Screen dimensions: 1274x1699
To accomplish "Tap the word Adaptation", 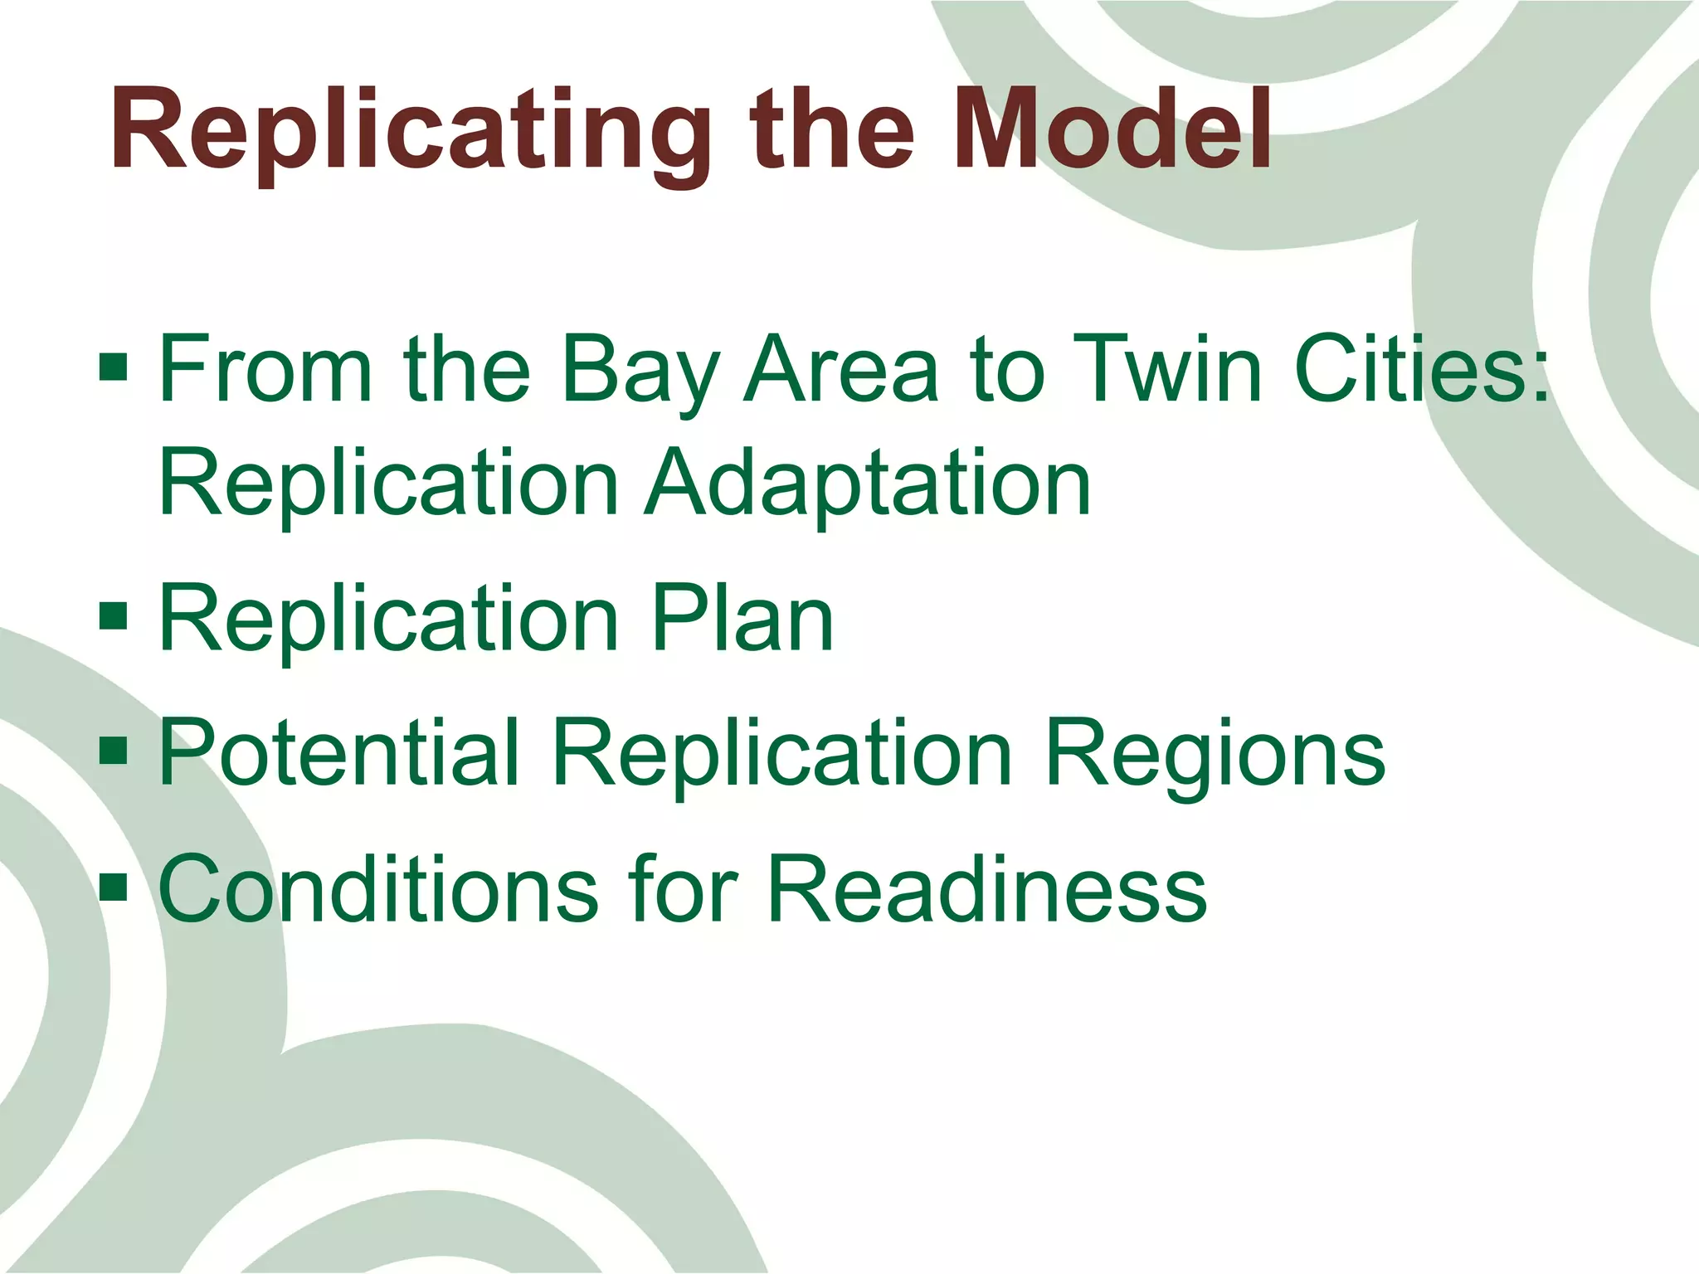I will coord(867,482).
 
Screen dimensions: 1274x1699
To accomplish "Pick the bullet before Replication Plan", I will coord(113,616).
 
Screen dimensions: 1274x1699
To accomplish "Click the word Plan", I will coord(742,618).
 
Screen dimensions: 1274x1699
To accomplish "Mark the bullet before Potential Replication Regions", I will coord(113,751).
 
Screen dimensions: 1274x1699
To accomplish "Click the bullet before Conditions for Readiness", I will coord(113,887).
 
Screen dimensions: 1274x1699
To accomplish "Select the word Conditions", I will coord(377,888).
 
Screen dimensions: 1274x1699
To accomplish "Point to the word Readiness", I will coord(986,888).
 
